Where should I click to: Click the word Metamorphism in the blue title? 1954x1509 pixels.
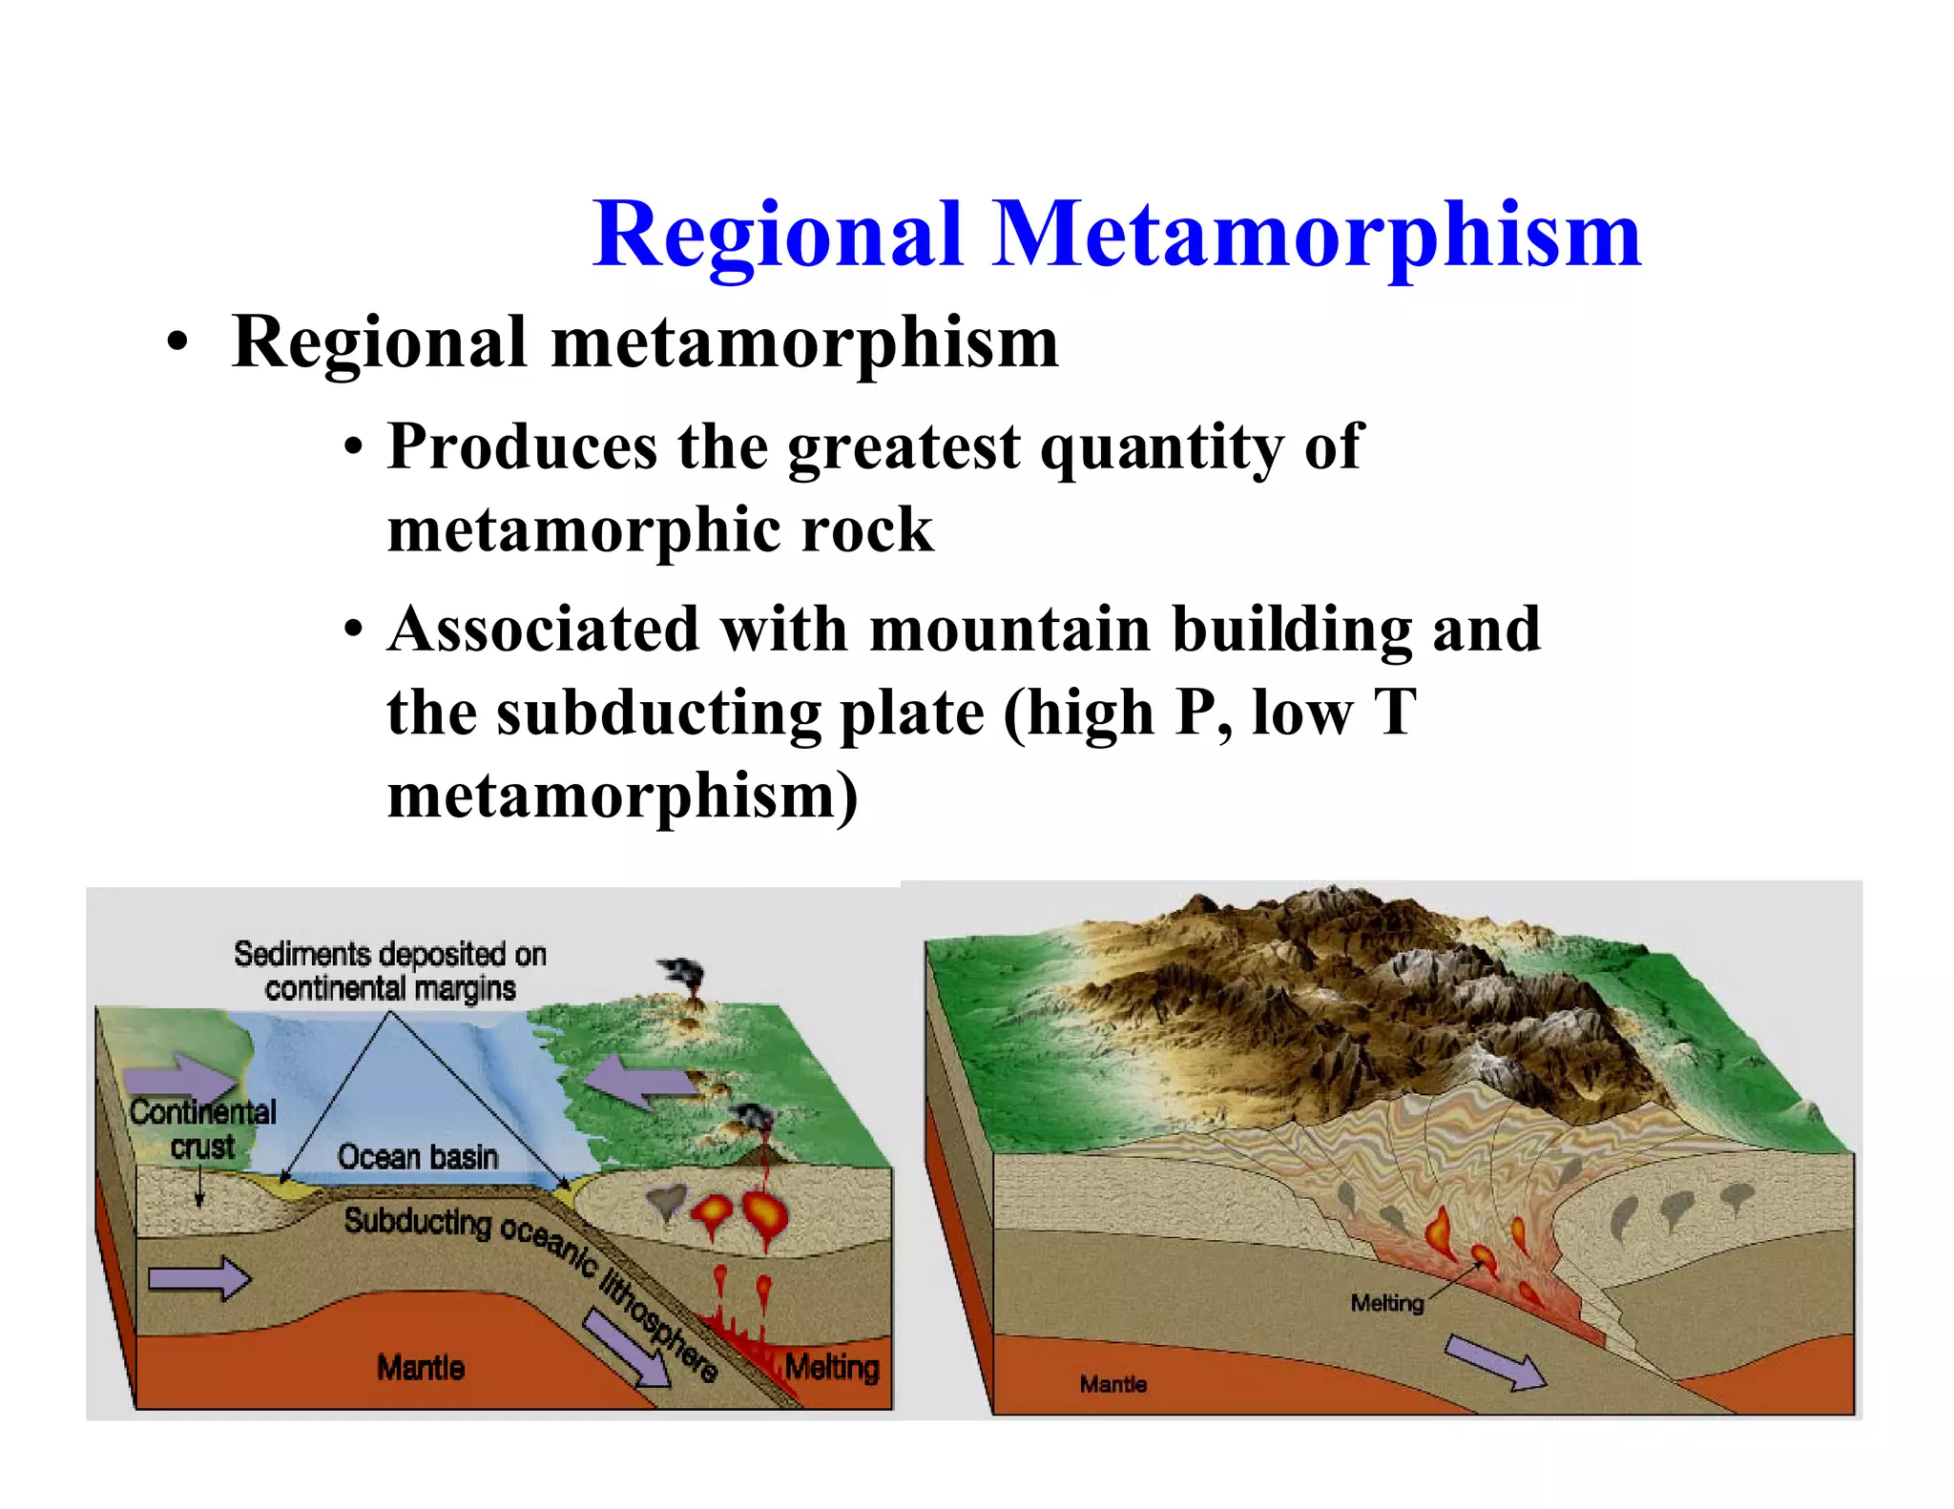click(1317, 235)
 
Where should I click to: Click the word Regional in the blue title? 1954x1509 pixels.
click(778, 235)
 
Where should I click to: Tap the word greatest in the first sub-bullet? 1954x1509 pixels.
click(904, 446)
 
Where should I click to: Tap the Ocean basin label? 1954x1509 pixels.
click(418, 1156)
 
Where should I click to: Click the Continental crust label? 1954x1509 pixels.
click(202, 1128)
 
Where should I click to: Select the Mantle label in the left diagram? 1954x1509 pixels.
click(421, 1368)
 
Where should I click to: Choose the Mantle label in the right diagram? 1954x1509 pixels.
click(1113, 1384)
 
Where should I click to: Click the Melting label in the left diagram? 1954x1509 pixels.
click(831, 1367)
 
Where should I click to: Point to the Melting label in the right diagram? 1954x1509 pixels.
click(1386, 1303)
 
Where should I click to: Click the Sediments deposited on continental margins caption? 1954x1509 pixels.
click(390, 971)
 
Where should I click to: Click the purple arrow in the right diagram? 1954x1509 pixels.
click(1494, 1362)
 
